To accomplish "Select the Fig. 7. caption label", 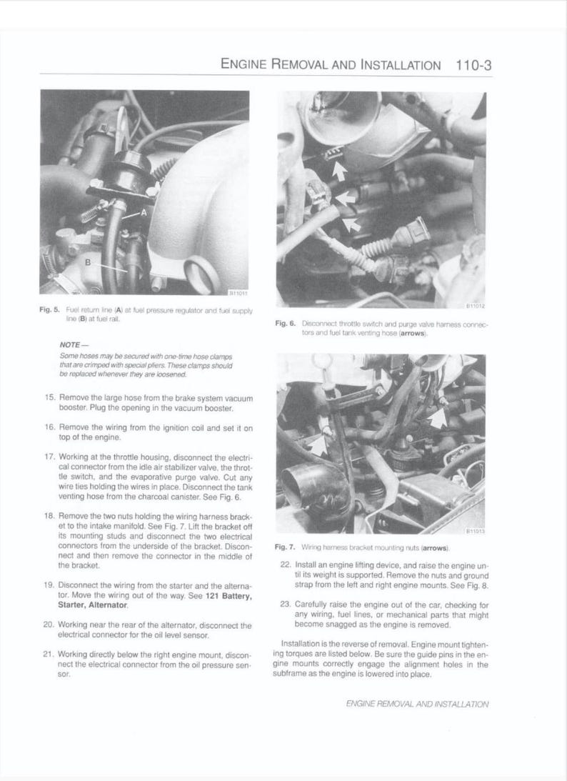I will (285, 547).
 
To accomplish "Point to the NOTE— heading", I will (73, 344).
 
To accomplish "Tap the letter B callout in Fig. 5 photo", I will (88, 262).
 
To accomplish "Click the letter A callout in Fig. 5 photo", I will (144, 212).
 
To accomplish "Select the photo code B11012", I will (476, 307).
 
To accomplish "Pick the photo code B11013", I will (476, 531).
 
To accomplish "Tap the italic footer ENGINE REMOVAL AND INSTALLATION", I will (417, 703).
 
